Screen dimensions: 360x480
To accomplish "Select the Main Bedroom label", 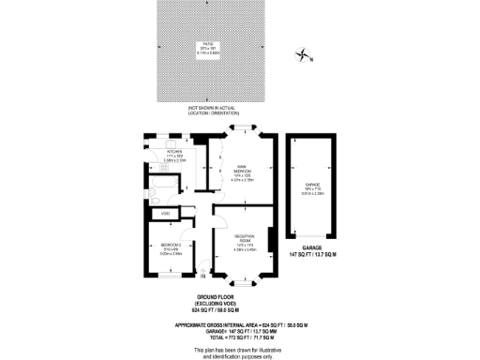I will (243, 172).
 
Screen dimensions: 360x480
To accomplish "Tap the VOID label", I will (166, 215).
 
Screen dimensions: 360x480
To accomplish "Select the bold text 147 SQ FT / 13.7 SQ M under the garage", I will (312, 255).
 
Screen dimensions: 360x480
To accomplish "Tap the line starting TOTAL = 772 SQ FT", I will (243, 337).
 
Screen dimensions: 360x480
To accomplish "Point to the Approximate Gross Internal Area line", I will (243, 323).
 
